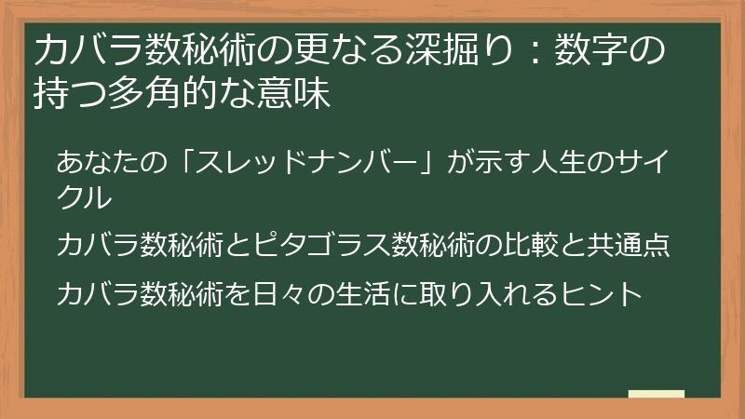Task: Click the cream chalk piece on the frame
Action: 657,395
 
